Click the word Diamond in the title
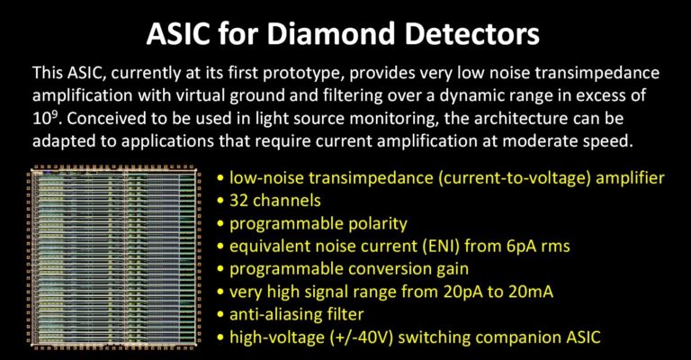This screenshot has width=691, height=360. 331,33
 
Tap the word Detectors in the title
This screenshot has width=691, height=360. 472,33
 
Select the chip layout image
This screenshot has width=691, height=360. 114,258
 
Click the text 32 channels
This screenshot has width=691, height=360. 275,201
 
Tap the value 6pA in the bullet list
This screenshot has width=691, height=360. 521,247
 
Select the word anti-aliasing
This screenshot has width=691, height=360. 272,315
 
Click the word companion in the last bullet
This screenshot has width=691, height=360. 518,338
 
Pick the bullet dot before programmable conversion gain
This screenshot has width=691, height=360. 220,270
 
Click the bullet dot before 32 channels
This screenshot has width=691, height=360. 220,202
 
